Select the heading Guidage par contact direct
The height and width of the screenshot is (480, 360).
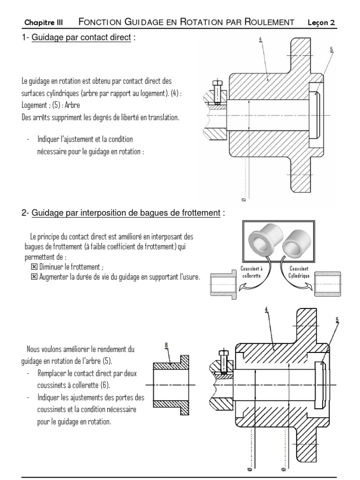pyautogui.click(x=81, y=37)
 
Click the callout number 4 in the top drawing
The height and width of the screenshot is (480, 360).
pyautogui.click(x=260, y=40)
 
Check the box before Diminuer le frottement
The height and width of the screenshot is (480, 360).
pyautogui.click(x=33, y=267)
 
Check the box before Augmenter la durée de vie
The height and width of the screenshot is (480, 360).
pyautogui.click(x=33, y=277)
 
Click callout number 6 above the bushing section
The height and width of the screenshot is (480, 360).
pyautogui.click(x=166, y=345)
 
